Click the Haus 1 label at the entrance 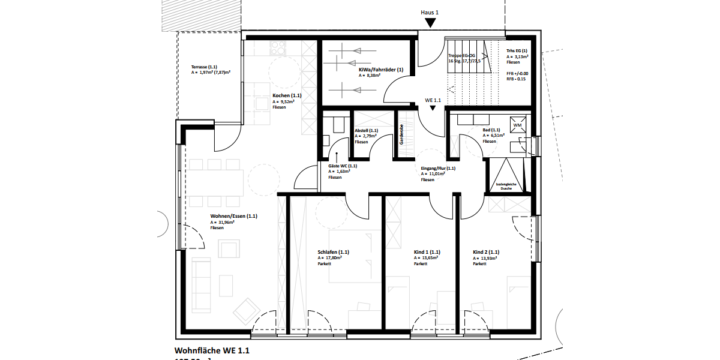click(x=430, y=12)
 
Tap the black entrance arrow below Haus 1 click(x=430, y=23)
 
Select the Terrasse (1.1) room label click(x=204, y=67)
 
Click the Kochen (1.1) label click(x=287, y=95)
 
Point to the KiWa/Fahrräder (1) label click(x=381, y=70)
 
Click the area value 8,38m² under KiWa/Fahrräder click(x=370, y=76)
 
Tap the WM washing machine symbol click(x=518, y=125)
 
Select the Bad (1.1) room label click(x=491, y=130)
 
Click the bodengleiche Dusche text click(x=506, y=186)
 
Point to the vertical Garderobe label click(x=401, y=134)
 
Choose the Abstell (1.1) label click(x=366, y=130)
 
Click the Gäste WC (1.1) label click(x=343, y=166)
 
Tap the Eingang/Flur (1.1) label click(x=438, y=169)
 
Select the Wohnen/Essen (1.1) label click(x=233, y=216)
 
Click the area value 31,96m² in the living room click(x=222, y=223)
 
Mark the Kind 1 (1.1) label click(x=427, y=252)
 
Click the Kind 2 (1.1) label click(x=486, y=252)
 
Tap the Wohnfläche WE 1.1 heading click(x=211, y=350)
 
